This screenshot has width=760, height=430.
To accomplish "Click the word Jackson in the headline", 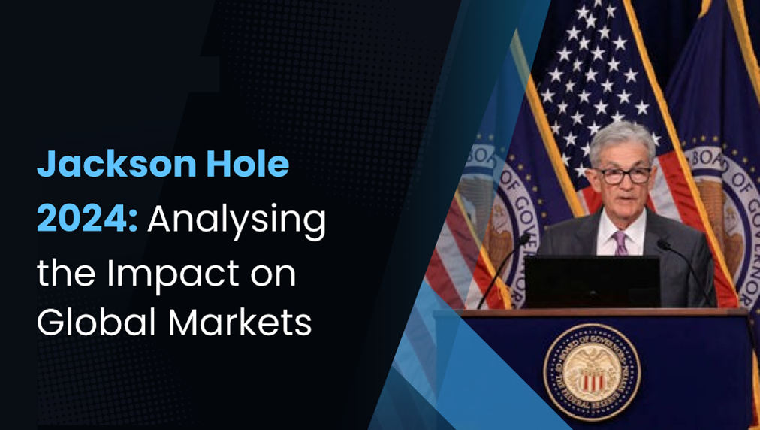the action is [116, 164].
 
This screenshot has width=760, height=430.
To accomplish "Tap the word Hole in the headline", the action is [248, 164].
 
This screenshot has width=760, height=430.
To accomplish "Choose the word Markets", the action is [240, 321].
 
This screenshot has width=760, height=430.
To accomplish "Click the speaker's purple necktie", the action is [620, 242].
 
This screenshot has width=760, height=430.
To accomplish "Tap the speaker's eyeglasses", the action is [623, 175].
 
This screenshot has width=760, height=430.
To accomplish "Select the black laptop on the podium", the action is [593, 282].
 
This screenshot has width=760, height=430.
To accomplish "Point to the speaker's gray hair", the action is [623, 142].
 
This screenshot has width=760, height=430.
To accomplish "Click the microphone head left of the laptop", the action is [523, 238].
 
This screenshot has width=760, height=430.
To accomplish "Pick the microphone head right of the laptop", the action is [662, 244].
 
